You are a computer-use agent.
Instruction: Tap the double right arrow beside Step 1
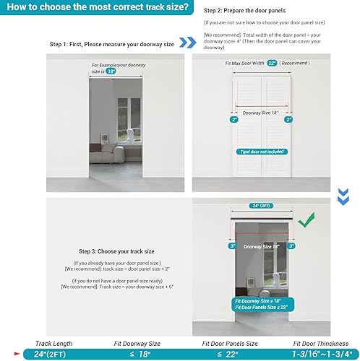click(x=187, y=43)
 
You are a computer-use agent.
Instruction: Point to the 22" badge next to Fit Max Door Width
click(x=272, y=64)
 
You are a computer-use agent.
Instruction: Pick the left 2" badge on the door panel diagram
click(x=233, y=120)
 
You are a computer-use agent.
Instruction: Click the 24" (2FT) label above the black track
click(x=262, y=205)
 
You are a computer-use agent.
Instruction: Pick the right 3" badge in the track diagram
click(x=291, y=246)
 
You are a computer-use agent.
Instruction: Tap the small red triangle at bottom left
click(x=4, y=354)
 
